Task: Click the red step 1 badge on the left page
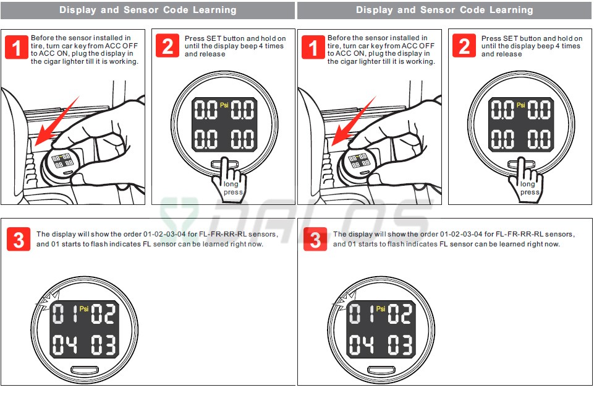coord(17,47)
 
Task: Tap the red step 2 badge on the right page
coord(464,46)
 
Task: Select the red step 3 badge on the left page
coord(19,239)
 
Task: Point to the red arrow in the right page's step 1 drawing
coord(354,121)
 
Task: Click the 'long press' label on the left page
coord(232,188)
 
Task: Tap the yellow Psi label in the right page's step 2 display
coord(521,105)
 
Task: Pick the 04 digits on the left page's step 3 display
coord(64,345)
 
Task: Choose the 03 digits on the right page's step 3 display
coord(400,345)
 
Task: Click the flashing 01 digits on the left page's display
coord(64,314)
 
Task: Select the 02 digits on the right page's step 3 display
coord(400,314)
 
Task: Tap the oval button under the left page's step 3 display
coord(85,369)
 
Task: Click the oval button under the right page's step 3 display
coord(381,369)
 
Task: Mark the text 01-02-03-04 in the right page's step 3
coord(461,234)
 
